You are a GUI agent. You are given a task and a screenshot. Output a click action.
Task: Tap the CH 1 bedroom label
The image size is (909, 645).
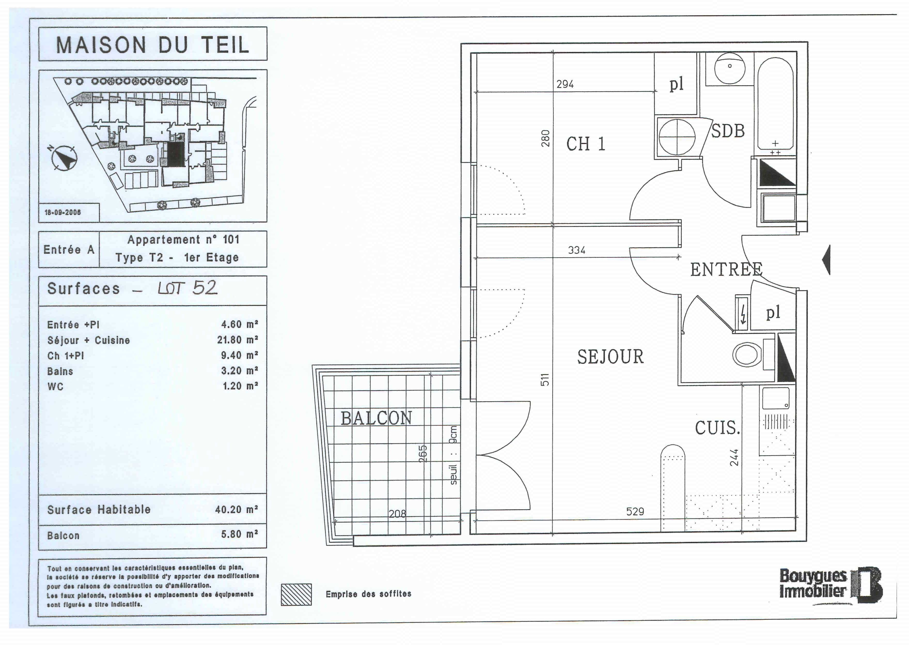click(x=586, y=144)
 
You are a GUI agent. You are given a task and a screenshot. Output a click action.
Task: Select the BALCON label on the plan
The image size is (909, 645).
click(x=376, y=418)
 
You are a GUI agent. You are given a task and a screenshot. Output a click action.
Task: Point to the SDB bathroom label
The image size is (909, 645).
click(x=727, y=131)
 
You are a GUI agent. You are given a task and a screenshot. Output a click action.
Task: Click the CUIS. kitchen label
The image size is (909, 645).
click(x=717, y=428)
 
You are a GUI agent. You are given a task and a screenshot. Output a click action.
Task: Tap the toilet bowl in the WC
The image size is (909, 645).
click(x=746, y=354)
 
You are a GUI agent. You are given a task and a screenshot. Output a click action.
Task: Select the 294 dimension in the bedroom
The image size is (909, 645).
click(x=565, y=84)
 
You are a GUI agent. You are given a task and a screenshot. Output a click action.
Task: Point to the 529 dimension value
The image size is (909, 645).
click(x=635, y=511)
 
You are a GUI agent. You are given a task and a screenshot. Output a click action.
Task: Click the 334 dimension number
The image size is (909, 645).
click(x=577, y=250)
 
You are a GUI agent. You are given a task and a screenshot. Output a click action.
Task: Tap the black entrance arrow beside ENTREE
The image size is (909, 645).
click(x=826, y=259)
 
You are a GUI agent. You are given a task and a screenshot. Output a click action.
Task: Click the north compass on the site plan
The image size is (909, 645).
click(x=65, y=158)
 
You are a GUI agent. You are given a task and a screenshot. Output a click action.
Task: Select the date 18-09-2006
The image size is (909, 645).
click(x=63, y=212)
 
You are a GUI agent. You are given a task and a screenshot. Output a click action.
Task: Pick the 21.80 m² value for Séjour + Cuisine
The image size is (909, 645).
click(x=238, y=340)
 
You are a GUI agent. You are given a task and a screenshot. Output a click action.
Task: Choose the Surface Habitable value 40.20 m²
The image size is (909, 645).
click(x=237, y=509)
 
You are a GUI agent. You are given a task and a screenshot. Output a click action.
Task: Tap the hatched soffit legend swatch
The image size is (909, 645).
click(x=296, y=595)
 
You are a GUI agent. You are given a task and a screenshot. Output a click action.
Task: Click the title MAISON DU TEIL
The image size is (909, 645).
click(x=153, y=44)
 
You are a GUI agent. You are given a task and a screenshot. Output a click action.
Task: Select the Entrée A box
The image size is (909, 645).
click(x=69, y=249)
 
